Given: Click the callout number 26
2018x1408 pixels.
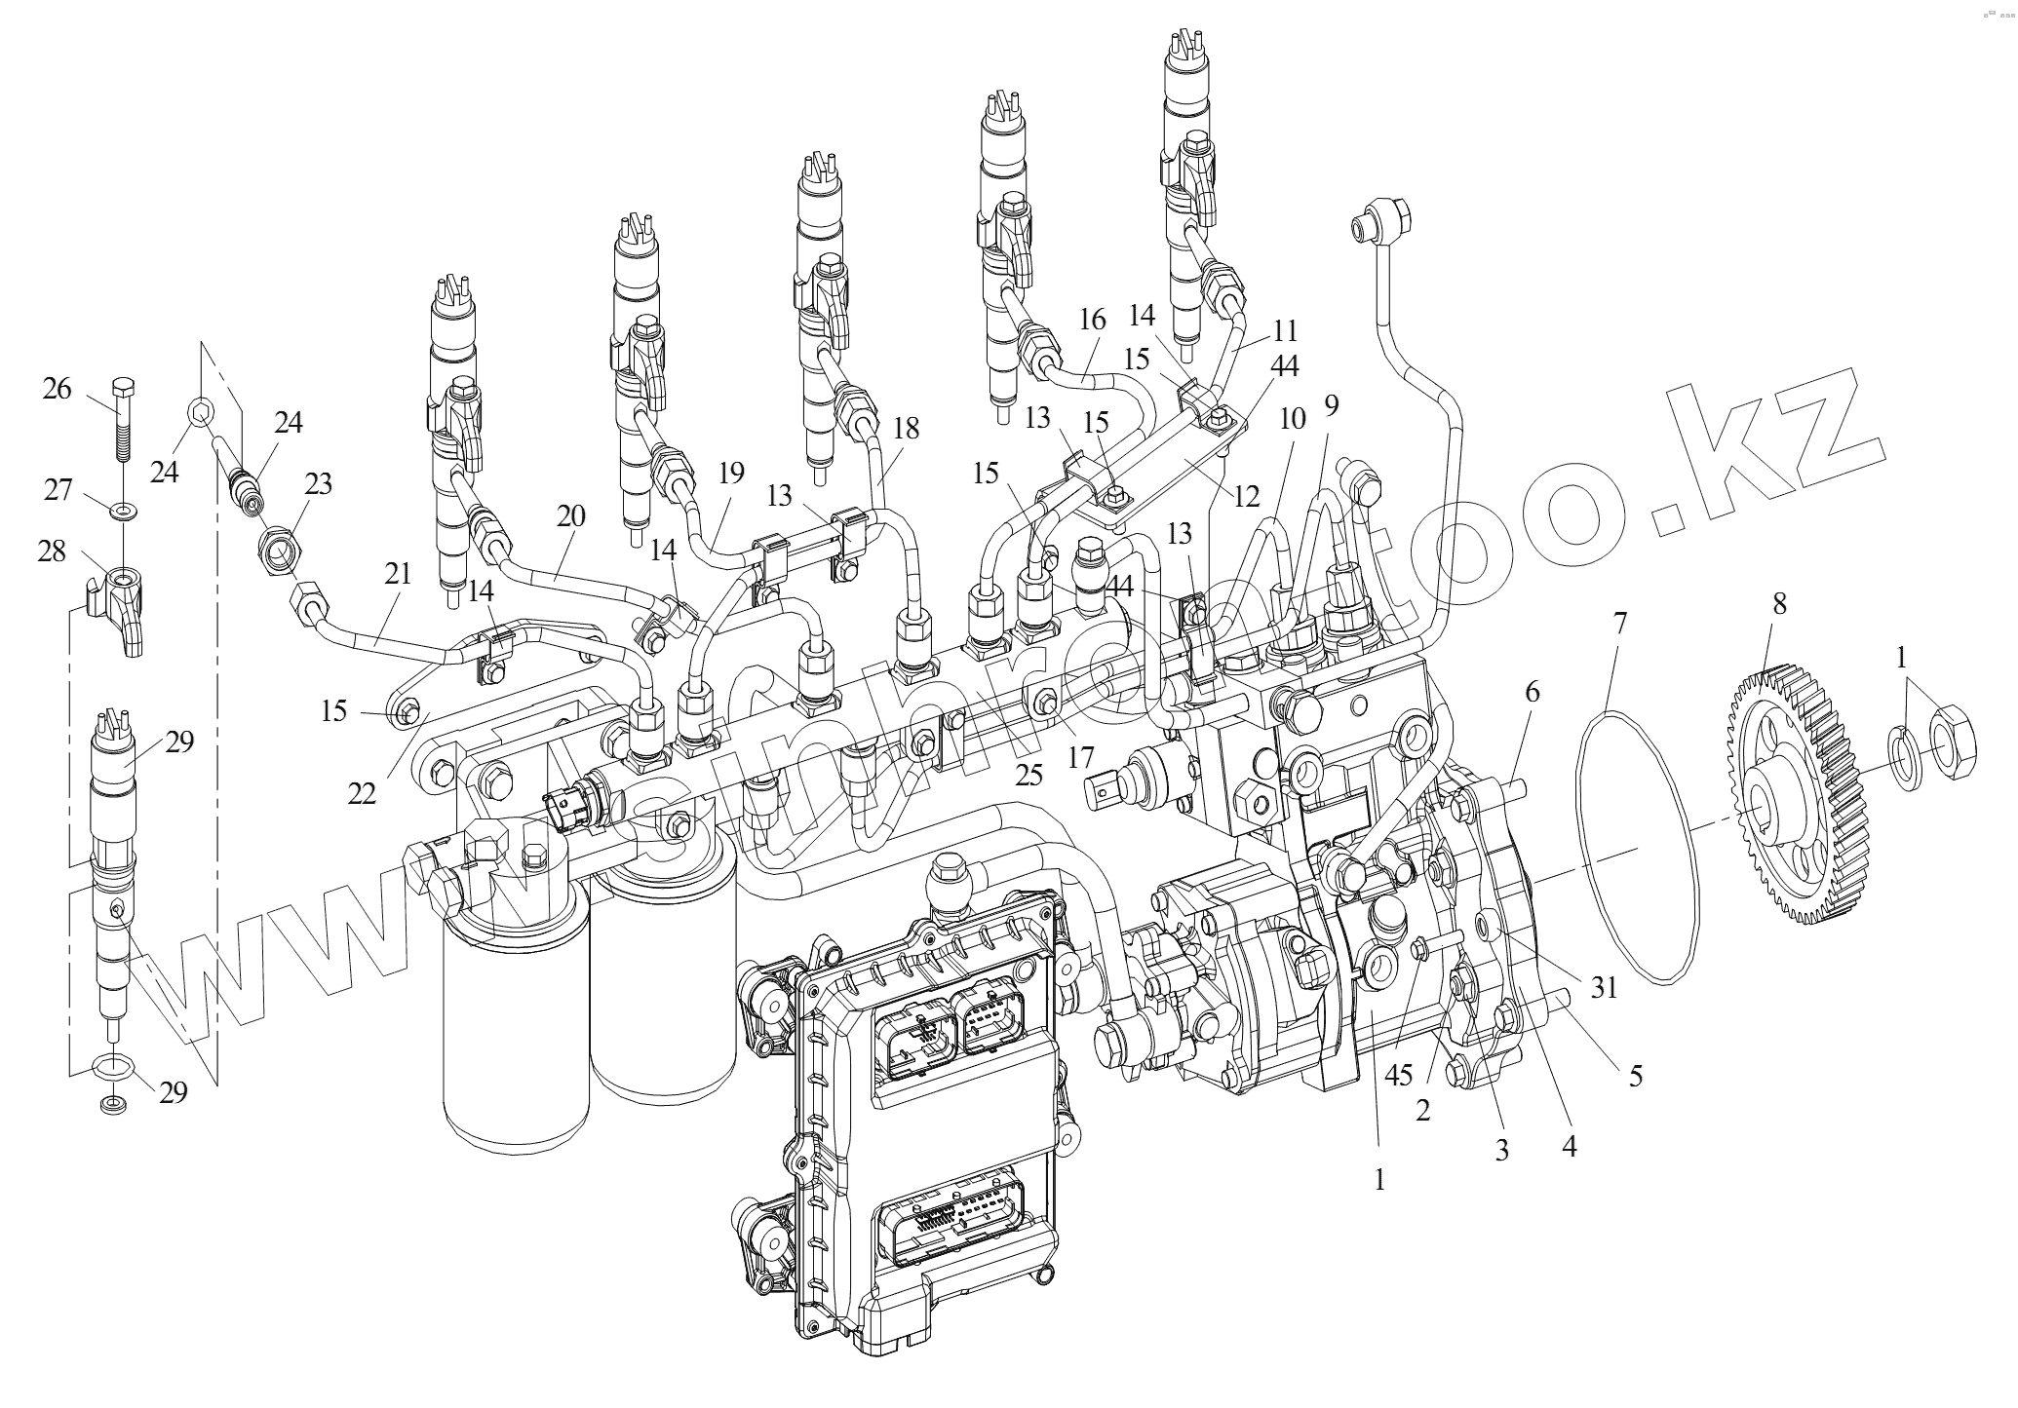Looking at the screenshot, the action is coord(58,389).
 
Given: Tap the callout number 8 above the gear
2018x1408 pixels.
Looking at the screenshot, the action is coord(1779,604).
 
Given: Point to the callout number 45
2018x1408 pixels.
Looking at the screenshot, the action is coord(1399,1075).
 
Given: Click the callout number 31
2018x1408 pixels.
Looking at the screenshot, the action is coord(1605,987).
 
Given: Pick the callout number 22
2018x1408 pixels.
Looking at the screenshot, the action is coord(362,794).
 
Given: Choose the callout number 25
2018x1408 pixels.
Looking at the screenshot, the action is coord(1029,775).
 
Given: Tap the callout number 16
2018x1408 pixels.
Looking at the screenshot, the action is coord(1093,320).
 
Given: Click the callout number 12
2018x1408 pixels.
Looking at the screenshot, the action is coord(1247,497).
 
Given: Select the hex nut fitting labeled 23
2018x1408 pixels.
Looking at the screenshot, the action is coord(280,553).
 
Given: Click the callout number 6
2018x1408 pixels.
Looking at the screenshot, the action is coord(1533,692).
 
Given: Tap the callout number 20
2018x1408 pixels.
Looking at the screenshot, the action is coord(571,515).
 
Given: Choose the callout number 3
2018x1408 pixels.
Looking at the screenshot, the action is coord(1502,1150).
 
